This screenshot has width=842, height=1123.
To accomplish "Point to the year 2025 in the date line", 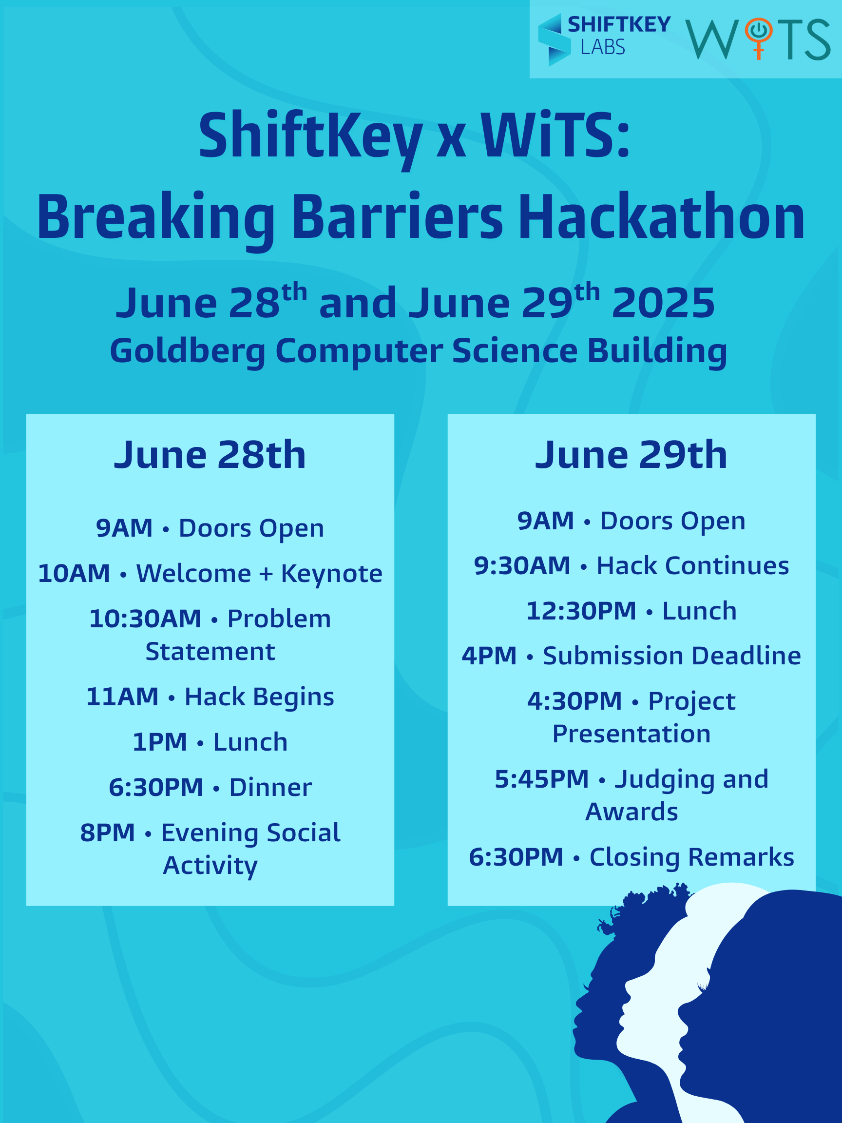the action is [x=663, y=303].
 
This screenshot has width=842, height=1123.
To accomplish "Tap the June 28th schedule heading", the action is [x=210, y=454].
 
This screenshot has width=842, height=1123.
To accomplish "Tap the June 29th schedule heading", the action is [x=631, y=454].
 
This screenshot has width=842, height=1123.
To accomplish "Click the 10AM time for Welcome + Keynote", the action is [x=74, y=573].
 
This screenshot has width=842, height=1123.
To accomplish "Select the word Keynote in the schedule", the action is [x=331, y=574].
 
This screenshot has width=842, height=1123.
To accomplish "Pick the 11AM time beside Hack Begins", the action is [x=122, y=697].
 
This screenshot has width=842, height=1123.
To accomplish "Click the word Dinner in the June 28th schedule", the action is [x=270, y=788].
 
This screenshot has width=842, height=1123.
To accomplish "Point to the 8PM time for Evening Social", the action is [x=108, y=833].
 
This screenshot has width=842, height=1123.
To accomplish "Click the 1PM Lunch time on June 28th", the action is [x=160, y=742].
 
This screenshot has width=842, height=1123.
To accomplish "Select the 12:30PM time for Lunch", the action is [x=581, y=611].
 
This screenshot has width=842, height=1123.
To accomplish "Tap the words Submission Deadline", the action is [x=672, y=656].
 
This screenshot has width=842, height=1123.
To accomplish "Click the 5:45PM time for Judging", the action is [x=542, y=779].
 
